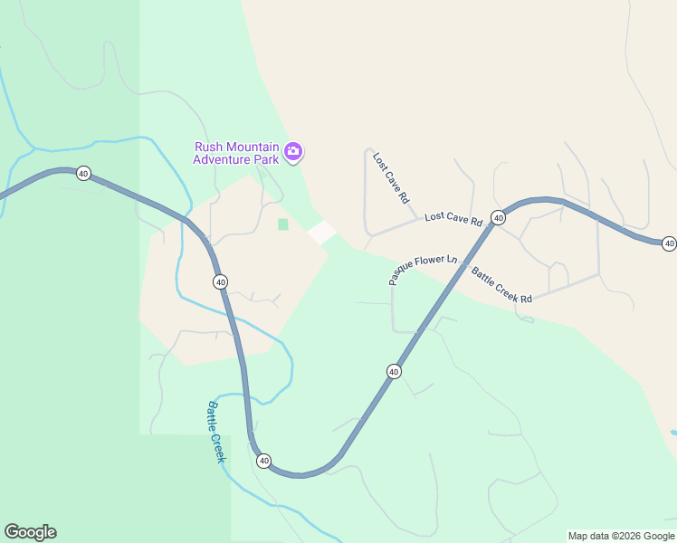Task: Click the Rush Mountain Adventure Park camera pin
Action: click(x=292, y=151)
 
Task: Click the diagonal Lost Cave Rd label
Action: click(x=391, y=176)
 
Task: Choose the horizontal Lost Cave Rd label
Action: click(x=453, y=218)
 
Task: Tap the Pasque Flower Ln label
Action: click(x=423, y=269)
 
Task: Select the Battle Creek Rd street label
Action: click(x=501, y=283)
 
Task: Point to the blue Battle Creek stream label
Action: click(x=215, y=431)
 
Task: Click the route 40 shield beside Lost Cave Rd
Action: click(x=498, y=217)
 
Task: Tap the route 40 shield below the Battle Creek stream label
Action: click(x=263, y=461)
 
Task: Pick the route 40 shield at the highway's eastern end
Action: click(x=669, y=243)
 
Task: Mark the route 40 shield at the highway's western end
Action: click(x=83, y=173)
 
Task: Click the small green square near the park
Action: click(x=283, y=224)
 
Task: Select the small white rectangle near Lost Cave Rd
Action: click(x=322, y=232)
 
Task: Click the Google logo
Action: click(x=30, y=532)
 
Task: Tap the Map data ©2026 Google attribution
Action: click(x=621, y=536)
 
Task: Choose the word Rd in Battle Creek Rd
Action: click(x=524, y=297)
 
